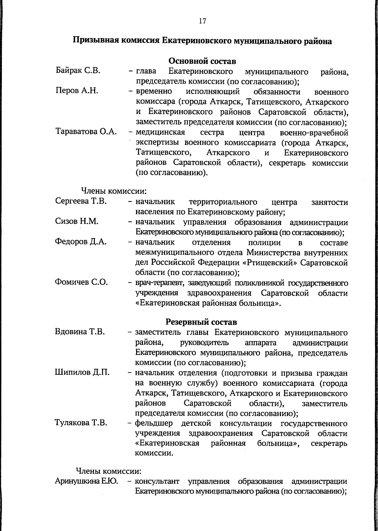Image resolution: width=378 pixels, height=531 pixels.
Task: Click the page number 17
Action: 202,21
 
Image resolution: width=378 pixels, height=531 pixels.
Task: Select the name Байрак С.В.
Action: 78,71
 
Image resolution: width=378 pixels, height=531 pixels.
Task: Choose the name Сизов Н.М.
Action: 77,221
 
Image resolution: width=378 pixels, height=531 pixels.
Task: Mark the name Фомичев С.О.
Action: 81,282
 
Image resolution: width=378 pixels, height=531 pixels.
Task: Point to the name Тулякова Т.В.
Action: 81,423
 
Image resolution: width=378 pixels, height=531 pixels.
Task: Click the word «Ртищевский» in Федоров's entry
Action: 271,262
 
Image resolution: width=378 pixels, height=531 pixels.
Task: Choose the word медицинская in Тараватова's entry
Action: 160,132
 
